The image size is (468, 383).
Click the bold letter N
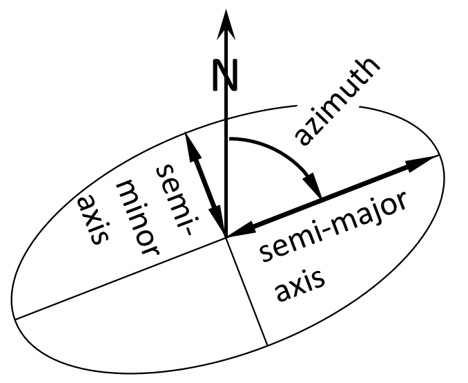coord(225,75)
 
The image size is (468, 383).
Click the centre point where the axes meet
coord(226,237)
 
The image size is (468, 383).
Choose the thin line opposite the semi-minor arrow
coord(246,291)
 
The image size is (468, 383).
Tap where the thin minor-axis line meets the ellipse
coord(266,344)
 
